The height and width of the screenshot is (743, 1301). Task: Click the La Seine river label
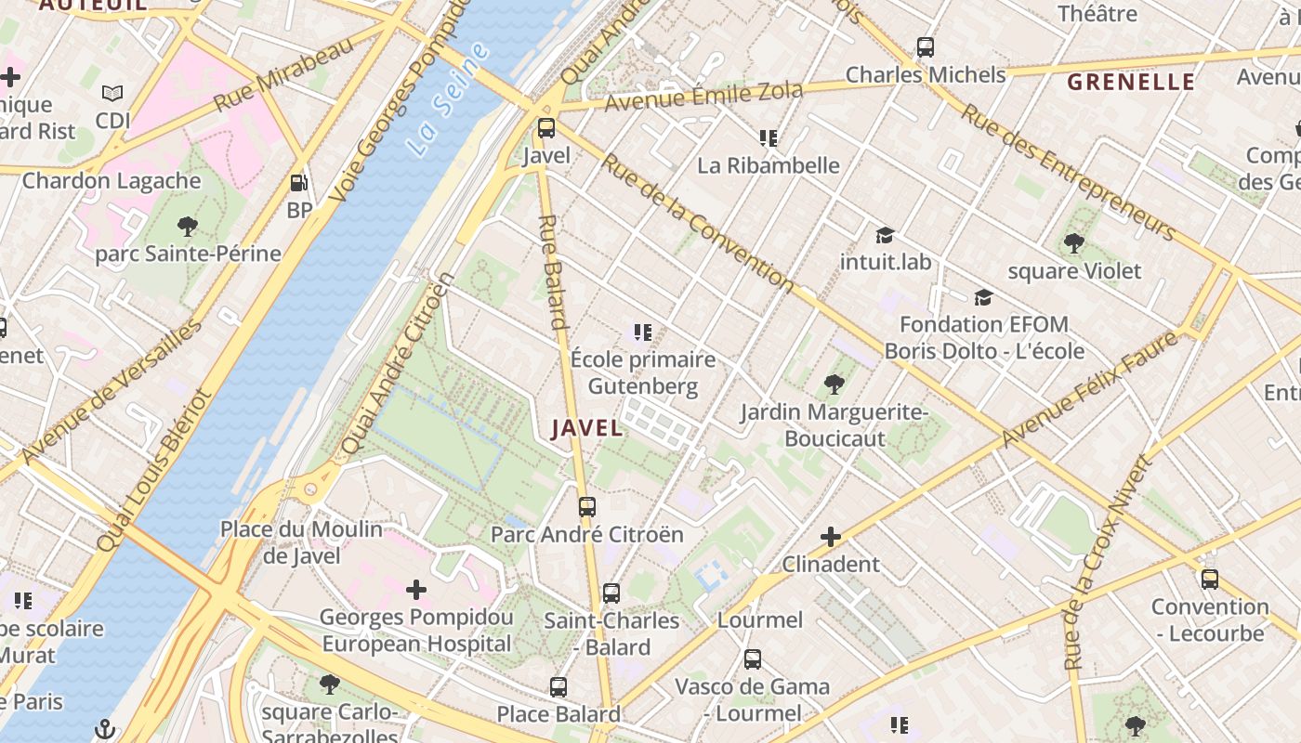(449, 99)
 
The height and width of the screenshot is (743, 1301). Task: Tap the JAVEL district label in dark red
(586, 428)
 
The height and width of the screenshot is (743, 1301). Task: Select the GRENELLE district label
(1131, 82)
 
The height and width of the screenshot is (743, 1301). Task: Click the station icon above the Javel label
(546, 128)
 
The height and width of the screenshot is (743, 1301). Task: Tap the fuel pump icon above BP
(299, 183)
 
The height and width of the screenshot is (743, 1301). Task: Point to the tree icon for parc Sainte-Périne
(188, 226)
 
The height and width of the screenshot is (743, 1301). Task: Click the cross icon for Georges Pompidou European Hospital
(416, 589)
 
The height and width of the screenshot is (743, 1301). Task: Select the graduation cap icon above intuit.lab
(885, 235)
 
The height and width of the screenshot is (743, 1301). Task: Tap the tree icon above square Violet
(1074, 243)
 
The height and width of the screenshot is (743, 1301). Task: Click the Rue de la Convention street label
(697, 223)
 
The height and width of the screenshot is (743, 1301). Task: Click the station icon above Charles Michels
(926, 46)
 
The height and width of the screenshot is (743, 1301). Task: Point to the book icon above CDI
(112, 93)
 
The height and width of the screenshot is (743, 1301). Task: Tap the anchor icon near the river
(105, 728)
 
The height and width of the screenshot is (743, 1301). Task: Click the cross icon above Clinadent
(830, 537)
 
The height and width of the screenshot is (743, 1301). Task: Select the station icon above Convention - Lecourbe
(1209, 580)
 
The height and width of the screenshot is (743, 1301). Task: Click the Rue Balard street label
(553, 272)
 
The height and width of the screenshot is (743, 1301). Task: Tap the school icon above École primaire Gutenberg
(642, 332)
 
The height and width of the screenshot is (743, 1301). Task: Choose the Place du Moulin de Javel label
(301, 542)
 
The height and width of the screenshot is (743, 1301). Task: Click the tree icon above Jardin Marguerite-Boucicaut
(834, 384)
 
